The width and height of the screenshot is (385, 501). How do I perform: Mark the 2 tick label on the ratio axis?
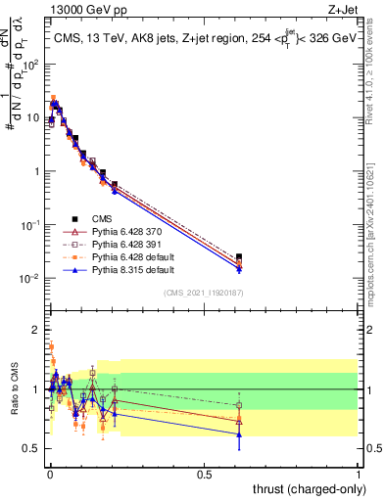pos(37,330)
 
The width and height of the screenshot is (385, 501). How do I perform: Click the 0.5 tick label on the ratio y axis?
pos(34,448)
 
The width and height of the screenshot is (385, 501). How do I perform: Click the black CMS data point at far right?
pos(240,257)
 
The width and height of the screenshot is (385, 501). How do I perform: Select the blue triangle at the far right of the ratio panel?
pos(240,433)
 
